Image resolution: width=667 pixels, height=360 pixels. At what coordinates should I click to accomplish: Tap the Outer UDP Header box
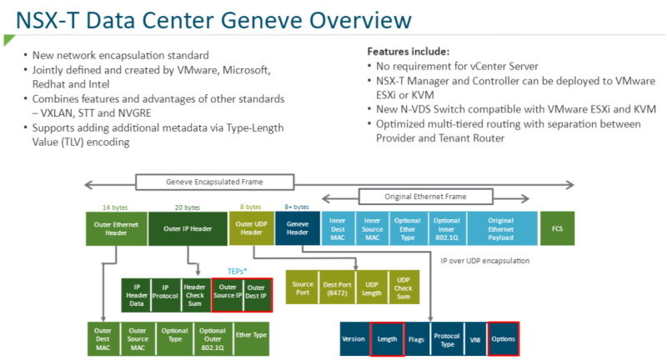click(x=245, y=227)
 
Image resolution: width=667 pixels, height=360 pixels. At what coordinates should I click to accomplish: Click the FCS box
click(x=557, y=227)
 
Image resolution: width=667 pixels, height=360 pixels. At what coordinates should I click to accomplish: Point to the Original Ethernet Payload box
click(x=501, y=227)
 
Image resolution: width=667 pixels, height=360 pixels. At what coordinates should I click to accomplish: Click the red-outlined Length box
click(x=387, y=340)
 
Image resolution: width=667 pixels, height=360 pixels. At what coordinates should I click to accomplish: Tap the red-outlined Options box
click(x=504, y=340)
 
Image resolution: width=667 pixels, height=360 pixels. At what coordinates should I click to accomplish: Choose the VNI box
click(x=474, y=340)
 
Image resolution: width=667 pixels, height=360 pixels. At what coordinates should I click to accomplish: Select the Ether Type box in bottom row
click(x=251, y=335)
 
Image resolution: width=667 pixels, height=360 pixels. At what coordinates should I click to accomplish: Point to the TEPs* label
click(x=240, y=271)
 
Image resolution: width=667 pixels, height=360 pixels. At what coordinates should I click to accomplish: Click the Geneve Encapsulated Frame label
click(x=214, y=182)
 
